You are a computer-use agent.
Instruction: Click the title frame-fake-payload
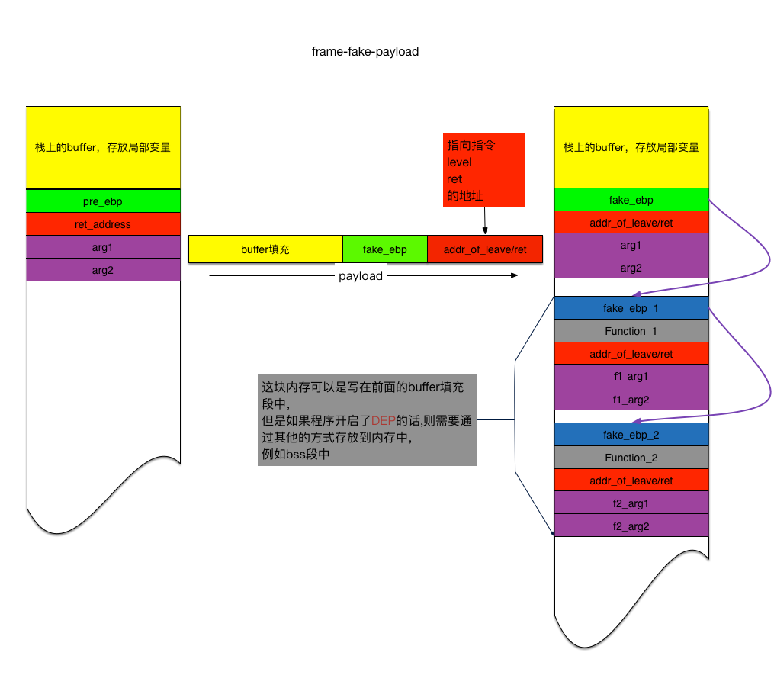point(365,52)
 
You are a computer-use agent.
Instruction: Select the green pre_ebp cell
point(103,201)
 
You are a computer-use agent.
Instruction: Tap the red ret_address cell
point(103,224)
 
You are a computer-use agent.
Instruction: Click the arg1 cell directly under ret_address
point(103,247)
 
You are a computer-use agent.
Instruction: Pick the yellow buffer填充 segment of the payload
point(265,249)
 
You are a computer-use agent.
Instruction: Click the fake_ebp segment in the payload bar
point(384,249)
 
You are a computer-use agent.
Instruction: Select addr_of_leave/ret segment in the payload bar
point(485,249)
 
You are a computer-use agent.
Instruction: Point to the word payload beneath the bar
point(361,276)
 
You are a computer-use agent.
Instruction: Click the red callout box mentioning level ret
point(485,169)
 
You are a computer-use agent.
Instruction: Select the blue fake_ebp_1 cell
point(631,308)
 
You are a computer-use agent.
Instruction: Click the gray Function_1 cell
point(631,331)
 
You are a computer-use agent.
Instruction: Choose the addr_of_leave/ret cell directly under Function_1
point(631,354)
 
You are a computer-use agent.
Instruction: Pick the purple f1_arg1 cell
point(631,376)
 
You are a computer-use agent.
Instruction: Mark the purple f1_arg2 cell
point(631,399)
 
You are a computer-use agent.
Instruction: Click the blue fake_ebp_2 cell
point(631,435)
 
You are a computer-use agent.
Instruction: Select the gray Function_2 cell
point(631,458)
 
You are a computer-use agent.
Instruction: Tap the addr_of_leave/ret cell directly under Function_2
point(631,481)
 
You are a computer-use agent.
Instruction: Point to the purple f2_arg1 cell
point(631,503)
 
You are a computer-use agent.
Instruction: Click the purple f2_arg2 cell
point(631,526)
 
